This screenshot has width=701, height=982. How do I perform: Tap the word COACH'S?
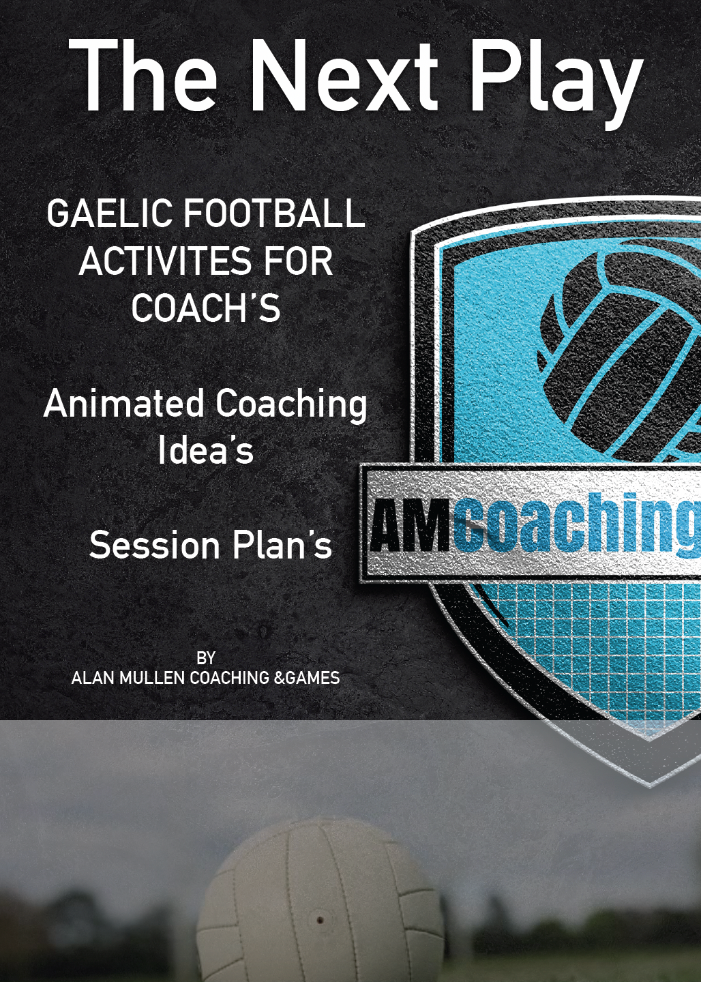206,308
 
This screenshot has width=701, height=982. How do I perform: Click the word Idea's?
206,450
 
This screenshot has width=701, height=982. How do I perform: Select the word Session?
154,546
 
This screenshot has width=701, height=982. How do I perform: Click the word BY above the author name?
206,658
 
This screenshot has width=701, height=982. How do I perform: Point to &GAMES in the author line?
307,678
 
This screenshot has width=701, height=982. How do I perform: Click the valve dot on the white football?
320,920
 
